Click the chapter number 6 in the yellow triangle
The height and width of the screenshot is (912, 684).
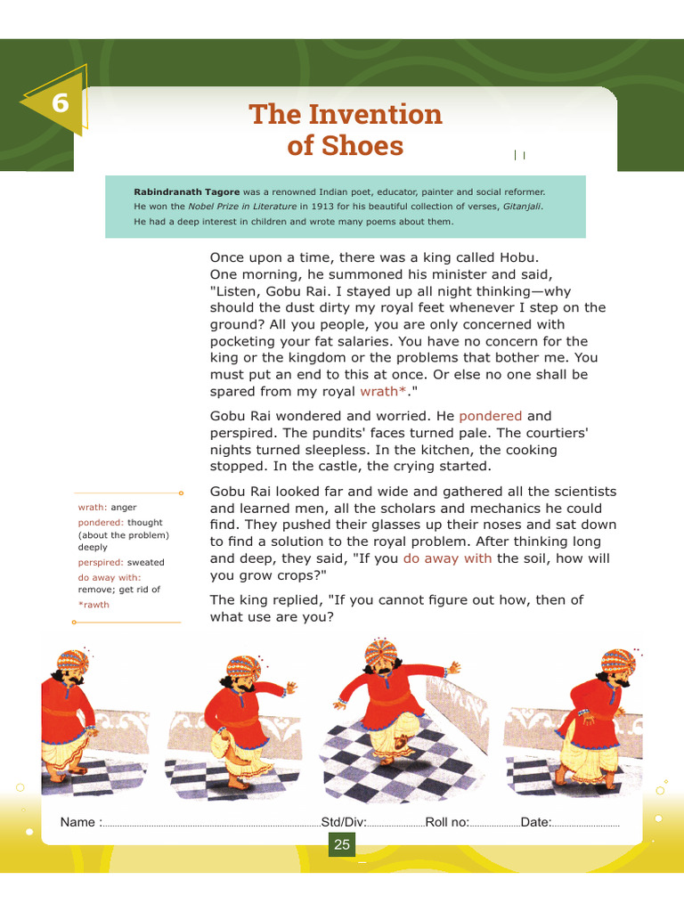pos(61,103)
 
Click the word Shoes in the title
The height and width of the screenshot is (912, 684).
pos(362,145)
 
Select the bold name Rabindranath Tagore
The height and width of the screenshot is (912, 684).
pos(187,192)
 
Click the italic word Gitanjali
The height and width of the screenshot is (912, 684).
pos(522,207)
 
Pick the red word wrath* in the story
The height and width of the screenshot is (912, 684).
pos(383,392)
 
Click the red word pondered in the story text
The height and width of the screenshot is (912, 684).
pos(491,417)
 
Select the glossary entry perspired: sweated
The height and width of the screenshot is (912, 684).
pos(121,563)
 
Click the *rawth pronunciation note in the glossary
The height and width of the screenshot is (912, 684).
pos(94,605)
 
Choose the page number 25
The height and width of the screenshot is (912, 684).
pos(342,844)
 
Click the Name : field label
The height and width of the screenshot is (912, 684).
pos(81,822)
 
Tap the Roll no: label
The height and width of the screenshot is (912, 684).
pos(447,822)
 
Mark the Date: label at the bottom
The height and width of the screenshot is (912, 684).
pos(535,822)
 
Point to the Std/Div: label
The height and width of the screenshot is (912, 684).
pos(344,822)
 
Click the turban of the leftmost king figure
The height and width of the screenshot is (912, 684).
pos(73,662)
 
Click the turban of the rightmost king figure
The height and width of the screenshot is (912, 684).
pos(618,662)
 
